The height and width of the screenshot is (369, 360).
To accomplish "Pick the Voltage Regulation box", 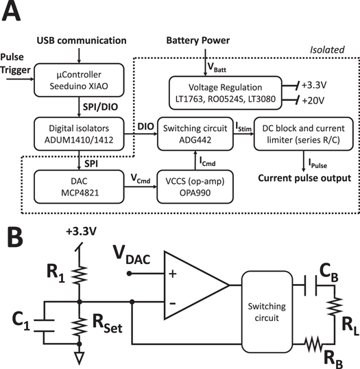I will (x=227, y=89).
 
